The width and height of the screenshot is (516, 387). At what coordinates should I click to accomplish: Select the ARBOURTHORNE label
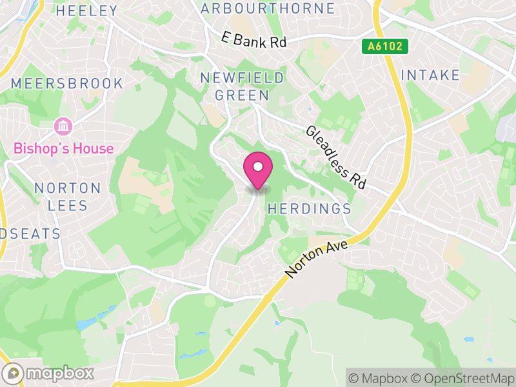pyautogui.click(x=268, y=8)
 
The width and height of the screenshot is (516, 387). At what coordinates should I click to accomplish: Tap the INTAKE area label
pyautogui.click(x=430, y=75)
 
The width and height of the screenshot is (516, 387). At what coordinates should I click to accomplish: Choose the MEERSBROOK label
pyautogui.click(x=67, y=83)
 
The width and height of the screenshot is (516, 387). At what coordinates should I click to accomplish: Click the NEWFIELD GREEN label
pyautogui.click(x=242, y=86)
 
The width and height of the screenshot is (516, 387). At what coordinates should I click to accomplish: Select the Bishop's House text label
pyautogui.click(x=63, y=149)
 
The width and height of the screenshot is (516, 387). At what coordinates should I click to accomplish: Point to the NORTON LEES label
pyautogui.click(x=68, y=196)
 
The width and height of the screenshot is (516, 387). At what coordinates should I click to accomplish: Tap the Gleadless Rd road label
pyautogui.click(x=336, y=157)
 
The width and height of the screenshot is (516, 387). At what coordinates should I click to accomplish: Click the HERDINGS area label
pyautogui.click(x=309, y=209)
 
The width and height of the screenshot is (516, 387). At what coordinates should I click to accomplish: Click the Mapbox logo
pyautogui.click(x=49, y=373)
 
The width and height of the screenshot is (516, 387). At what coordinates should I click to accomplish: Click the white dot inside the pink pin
pyautogui.click(x=258, y=166)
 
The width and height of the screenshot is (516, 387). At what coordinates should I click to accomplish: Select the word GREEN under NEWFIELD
pyautogui.click(x=242, y=95)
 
